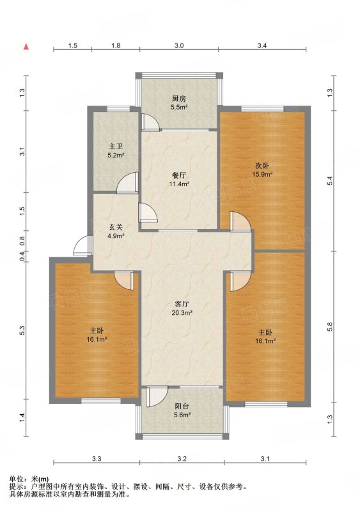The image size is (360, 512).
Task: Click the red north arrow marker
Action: [x=26, y=47]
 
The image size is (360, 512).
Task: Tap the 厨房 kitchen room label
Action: [x=179, y=99]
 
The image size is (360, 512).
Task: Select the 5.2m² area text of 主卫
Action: [x=116, y=156]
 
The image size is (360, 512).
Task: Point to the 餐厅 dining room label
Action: [x=179, y=175]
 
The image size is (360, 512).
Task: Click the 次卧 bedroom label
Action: [x=263, y=166]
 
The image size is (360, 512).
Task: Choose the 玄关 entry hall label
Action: [x=116, y=227]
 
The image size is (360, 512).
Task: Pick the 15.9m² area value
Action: [x=262, y=174]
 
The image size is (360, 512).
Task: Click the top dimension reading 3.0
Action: [x=179, y=45]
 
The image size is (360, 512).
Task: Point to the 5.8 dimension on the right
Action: [x=330, y=327]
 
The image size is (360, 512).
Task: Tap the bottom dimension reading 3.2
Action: [x=182, y=459]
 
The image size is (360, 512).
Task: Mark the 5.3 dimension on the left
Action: [x=22, y=330]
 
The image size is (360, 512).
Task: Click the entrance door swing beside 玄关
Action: [x=82, y=246]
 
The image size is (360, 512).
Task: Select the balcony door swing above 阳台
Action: [x=157, y=396]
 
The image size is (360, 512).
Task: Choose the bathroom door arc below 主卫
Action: [x=127, y=182]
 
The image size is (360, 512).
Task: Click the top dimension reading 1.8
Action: [x=116, y=45]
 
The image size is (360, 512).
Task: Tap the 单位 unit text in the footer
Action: [x=17, y=479]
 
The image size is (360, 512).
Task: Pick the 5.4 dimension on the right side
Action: [x=330, y=180]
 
